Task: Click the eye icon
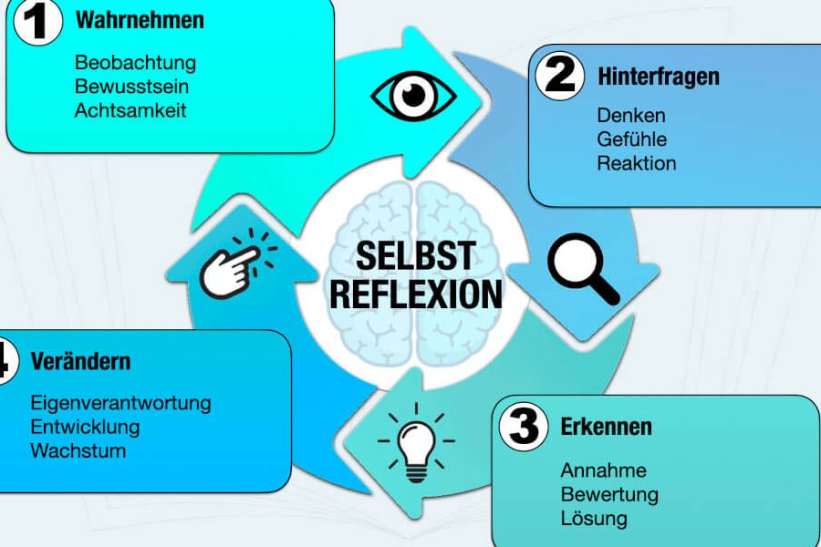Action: click(414, 95)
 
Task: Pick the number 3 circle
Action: click(525, 427)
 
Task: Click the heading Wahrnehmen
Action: click(140, 20)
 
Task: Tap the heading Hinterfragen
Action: click(659, 77)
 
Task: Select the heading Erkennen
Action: click(607, 427)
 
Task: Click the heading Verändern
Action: click(80, 361)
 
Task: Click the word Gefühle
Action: click(632, 139)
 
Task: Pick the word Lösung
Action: click(594, 519)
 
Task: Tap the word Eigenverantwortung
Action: click(120, 402)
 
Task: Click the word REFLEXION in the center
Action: click(415, 294)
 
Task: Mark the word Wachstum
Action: click(78, 450)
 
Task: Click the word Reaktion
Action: click(637, 164)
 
